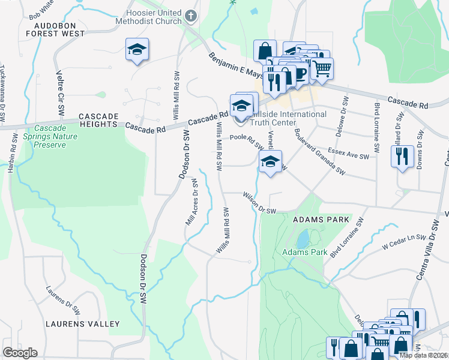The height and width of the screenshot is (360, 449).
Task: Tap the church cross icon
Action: coord(191,16)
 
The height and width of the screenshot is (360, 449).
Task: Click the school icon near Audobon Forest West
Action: coord(137,49)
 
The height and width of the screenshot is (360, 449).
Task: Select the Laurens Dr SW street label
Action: coord(64,299)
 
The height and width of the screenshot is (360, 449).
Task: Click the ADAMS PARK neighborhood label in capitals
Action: coord(321,220)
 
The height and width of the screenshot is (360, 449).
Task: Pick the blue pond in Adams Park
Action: coord(304,238)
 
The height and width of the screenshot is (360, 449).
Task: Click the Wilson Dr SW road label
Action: coord(259,203)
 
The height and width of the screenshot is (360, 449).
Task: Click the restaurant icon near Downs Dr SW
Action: coord(401,157)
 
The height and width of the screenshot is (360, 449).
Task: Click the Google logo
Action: coord(20,353)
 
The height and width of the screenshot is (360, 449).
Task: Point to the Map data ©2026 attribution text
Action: coord(424,355)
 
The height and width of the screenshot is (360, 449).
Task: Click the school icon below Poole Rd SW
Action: coord(270,161)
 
